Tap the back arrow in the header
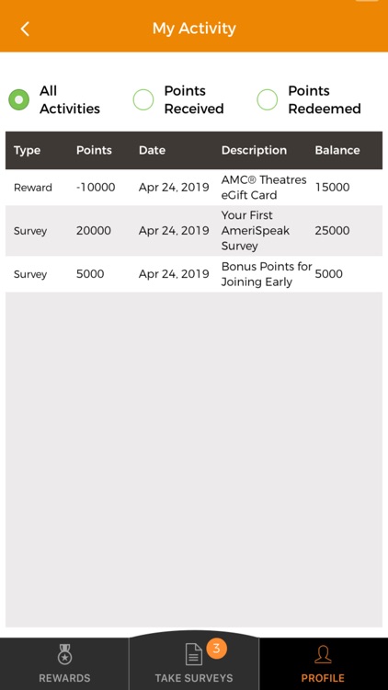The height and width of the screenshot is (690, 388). (x=25, y=29)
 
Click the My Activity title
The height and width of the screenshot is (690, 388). (x=194, y=29)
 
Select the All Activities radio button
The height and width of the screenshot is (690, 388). (x=18, y=99)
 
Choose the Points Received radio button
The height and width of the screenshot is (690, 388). (x=143, y=99)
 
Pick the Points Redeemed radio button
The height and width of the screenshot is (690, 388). (x=268, y=99)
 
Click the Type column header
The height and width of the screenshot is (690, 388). (x=28, y=150)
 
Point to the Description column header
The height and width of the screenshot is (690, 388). (x=254, y=150)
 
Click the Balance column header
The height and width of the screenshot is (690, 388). (x=337, y=150)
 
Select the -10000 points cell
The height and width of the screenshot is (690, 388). (x=96, y=187)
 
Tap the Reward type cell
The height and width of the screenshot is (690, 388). (x=33, y=187)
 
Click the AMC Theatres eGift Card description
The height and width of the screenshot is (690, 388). (x=263, y=187)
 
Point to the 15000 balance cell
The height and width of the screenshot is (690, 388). (x=332, y=187)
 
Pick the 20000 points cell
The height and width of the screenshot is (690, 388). (x=94, y=230)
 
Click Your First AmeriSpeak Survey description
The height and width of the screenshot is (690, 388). (x=247, y=230)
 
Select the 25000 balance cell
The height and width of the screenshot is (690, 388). (x=332, y=230)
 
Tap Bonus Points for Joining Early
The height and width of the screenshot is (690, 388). (x=267, y=274)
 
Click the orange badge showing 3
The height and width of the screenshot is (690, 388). (x=216, y=648)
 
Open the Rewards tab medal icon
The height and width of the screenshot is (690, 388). (x=64, y=654)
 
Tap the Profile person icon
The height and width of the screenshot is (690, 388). (x=323, y=654)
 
